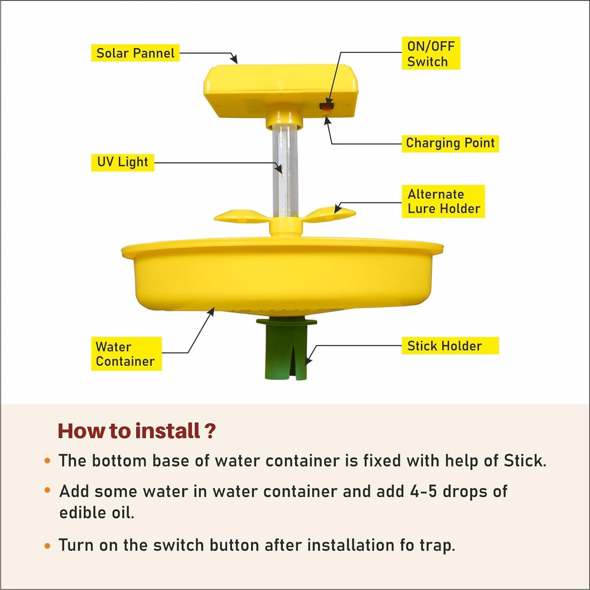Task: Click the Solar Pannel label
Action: coord(135,53)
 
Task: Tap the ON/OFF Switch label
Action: coord(431,54)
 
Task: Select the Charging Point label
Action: coord(450,143)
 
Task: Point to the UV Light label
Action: coord(122,162)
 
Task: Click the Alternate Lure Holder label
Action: coord(443,202)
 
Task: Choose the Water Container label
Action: coord(126,354)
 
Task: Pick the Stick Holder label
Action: coord(450,346)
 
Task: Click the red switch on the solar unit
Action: coord(326,106)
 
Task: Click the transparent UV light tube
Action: coord(285,172)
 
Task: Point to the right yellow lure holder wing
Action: coord(331,213)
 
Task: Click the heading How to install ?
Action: coord(137,431)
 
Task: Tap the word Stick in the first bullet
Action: coord(525,461)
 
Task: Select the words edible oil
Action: coord(97,512)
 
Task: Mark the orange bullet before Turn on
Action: coord(48,545)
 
